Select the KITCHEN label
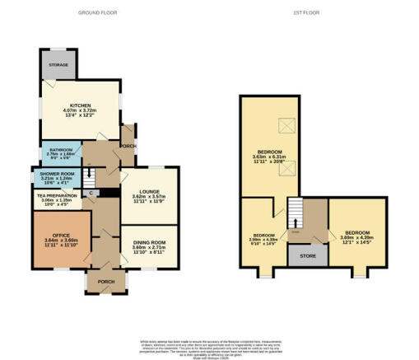(79, 105)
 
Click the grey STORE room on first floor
(306, 255)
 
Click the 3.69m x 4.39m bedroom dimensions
(356, 237)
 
